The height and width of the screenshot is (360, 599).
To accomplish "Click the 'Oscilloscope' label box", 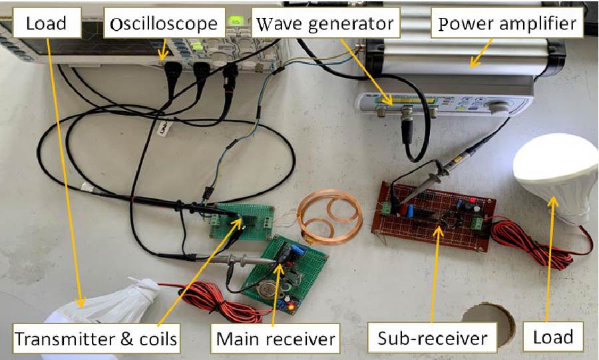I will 164,24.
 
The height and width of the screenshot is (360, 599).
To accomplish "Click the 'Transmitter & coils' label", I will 96,339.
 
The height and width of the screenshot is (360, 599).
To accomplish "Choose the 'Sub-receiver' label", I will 433,339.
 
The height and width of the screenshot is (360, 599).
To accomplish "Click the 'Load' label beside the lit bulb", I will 553,337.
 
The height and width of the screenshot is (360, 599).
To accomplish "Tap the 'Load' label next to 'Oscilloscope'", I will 46,24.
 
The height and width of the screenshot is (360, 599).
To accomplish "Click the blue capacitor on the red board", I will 411,210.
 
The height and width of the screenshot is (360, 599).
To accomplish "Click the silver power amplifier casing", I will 466,60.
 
